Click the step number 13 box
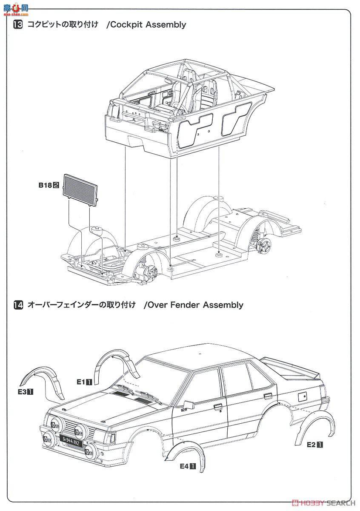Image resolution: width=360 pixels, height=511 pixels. pyautogui.click(x=18, y=25)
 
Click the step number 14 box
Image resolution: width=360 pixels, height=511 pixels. pyautogui.click(x=18, y=305)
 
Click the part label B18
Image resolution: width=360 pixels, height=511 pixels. pyautogui.click(x=45, y=185)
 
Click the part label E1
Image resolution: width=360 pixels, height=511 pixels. pyautogui.click(x=81, y=382)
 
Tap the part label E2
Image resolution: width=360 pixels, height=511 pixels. pyautogui.click(x=311, y=445)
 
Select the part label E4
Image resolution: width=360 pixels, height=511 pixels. pyautogui.click(x=184, y=466)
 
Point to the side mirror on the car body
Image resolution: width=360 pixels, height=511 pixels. pyautogui.click(x=189, y=404)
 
